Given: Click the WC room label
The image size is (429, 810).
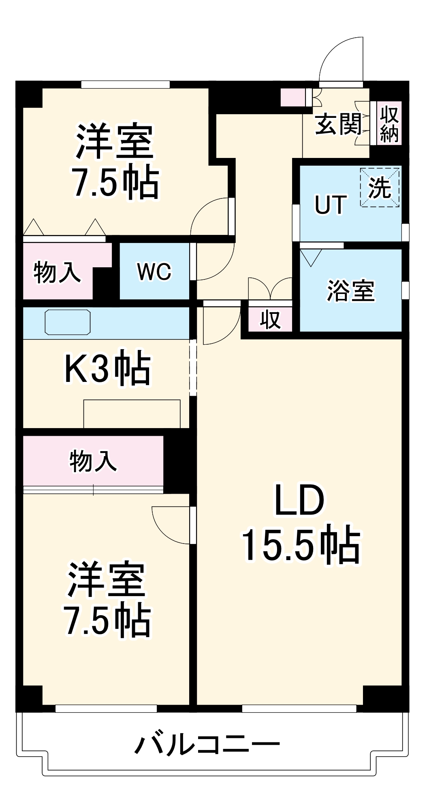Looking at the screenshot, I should (x=154, y=272).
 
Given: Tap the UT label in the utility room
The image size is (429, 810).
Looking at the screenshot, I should (x=331, y=205).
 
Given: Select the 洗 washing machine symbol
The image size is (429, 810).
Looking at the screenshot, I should (x=380, y=188).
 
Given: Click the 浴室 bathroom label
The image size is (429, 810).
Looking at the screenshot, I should (x=350, y=290).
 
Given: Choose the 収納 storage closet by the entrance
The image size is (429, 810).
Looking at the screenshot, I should (x=389, y=124).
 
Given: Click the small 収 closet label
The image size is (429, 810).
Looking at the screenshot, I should (x=270, y=320).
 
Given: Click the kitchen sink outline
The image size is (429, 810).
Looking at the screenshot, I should (x=68, y=322).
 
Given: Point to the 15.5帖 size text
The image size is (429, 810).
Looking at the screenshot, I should (x=301, y=545).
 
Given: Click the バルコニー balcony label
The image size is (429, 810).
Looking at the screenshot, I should (x=207, y=744).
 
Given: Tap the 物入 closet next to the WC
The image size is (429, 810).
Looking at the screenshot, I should (x=57, y=272).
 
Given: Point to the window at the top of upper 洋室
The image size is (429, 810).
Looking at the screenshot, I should (x=125, y=85).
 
